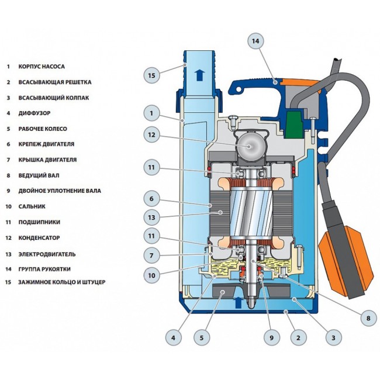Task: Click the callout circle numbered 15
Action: (151, 75)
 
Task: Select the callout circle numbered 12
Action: (151, 135)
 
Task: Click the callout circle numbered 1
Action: (151, 112)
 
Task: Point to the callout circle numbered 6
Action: (151, 199)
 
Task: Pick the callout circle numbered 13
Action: (151, 217)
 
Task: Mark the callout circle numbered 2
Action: (298, 337)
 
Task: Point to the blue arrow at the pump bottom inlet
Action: (238, 302)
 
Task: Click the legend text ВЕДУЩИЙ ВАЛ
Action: (39, 175)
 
